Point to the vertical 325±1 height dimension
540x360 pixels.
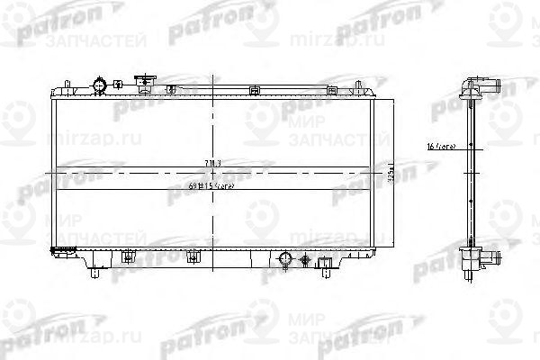pyautogui.click(x=390, y=168)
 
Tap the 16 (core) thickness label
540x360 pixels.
pyautogui.click(x=445, y=144)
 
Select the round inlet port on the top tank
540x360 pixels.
pyautogui.click(x=99, y=85)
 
